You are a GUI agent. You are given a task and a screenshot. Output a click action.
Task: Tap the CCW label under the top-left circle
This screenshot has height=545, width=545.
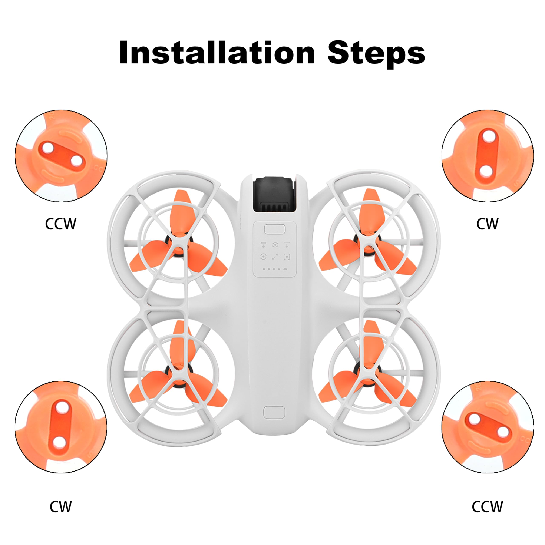click(x=61, y=224)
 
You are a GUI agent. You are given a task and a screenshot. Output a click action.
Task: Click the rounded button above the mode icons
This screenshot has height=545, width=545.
click(x=274, y=229)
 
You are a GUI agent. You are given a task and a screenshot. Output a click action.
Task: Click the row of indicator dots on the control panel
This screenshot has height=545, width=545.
click(x=274, y=269)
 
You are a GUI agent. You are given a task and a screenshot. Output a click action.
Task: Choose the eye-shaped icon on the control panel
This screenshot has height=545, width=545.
click(x=275, y=245)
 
